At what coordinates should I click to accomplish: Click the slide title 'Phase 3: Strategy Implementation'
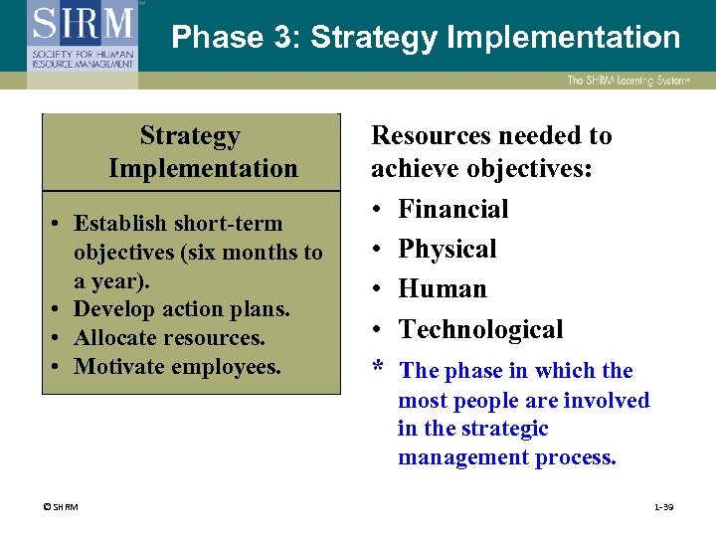(x=426, y=38)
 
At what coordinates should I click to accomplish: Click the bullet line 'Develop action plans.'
(x=182, y=309)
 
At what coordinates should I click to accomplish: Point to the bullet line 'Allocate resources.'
(x=169, y=338)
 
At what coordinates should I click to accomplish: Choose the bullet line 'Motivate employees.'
(x=177, y=367)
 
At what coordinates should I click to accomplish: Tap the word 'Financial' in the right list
(x=452, y=209)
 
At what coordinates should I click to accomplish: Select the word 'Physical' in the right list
(x=447, y=249)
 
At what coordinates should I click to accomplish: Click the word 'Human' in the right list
(x=442, y=288)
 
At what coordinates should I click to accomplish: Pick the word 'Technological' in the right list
(x=480, y=329)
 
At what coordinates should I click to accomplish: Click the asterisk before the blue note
(x=378, y=369)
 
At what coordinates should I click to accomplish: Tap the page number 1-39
(x=663, y=507)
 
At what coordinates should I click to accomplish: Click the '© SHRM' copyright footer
(x=60, y=507)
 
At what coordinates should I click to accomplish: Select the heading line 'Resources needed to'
(x=491, y=135)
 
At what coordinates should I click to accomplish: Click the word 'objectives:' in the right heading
(x=536, y=169)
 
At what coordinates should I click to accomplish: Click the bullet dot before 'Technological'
(x=378, y=329)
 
